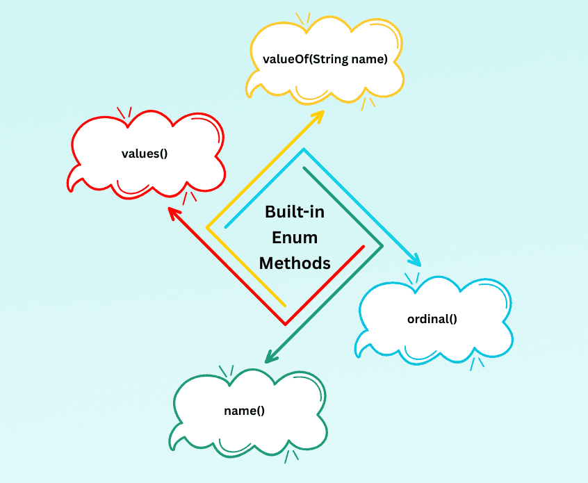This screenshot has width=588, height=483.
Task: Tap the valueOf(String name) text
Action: [x=325, y=59]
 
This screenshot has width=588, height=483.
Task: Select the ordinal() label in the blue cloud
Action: [x=432, y=319]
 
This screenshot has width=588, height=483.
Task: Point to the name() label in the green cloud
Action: [x=244, y=410]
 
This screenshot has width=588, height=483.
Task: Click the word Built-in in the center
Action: [x=295, y=213]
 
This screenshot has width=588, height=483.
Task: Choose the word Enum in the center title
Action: [x=295, y=238]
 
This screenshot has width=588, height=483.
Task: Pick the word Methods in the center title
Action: [x=295, y=263]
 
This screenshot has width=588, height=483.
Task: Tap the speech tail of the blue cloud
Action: [x=361, y=349]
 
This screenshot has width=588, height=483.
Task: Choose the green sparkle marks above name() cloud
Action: [x=227, y=370]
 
